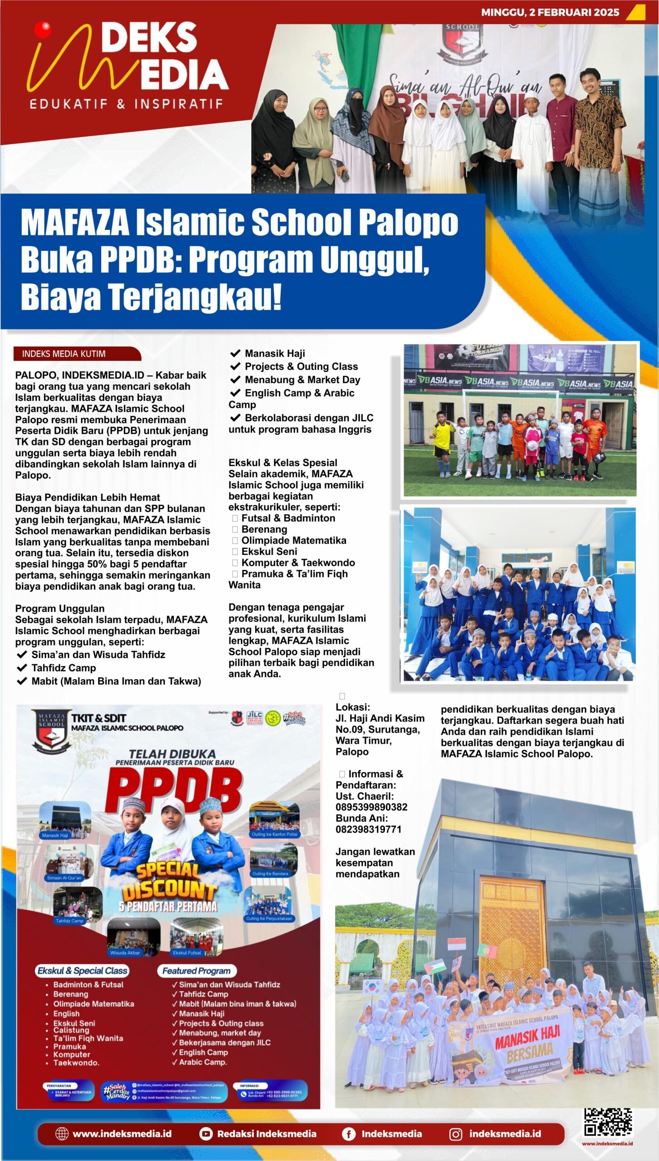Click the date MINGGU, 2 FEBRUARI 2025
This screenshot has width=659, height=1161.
tap(550, 12)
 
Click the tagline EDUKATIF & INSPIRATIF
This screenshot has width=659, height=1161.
tap(126, 104)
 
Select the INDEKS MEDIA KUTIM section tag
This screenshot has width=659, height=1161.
tap(64, 354)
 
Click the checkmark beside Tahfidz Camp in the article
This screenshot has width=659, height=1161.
tap(21, 668)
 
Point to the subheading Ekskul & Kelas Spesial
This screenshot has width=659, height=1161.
tap(283, 463)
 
